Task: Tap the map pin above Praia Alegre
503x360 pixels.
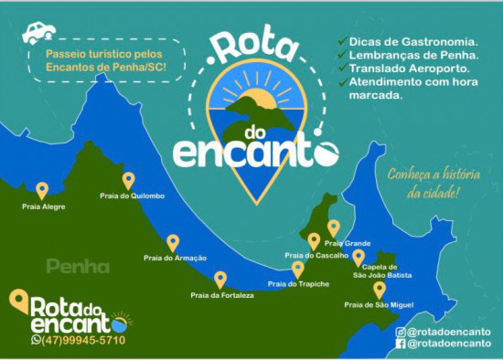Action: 42,190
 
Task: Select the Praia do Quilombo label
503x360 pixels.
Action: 133,196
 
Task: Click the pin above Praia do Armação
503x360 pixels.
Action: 173,242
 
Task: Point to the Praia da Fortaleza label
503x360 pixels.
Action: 222,295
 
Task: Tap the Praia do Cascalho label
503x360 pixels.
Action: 316,255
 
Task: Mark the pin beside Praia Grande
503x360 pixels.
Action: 334,228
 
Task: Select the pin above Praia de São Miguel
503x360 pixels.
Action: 380,290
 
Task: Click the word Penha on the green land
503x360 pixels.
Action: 78,267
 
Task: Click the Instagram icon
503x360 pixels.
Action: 401,332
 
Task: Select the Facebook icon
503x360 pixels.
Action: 401,344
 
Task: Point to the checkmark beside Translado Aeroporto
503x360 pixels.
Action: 342,69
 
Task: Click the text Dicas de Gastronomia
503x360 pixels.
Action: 412,42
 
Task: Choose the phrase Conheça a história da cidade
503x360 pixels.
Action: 423,183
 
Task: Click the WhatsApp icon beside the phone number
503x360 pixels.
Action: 37,340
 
